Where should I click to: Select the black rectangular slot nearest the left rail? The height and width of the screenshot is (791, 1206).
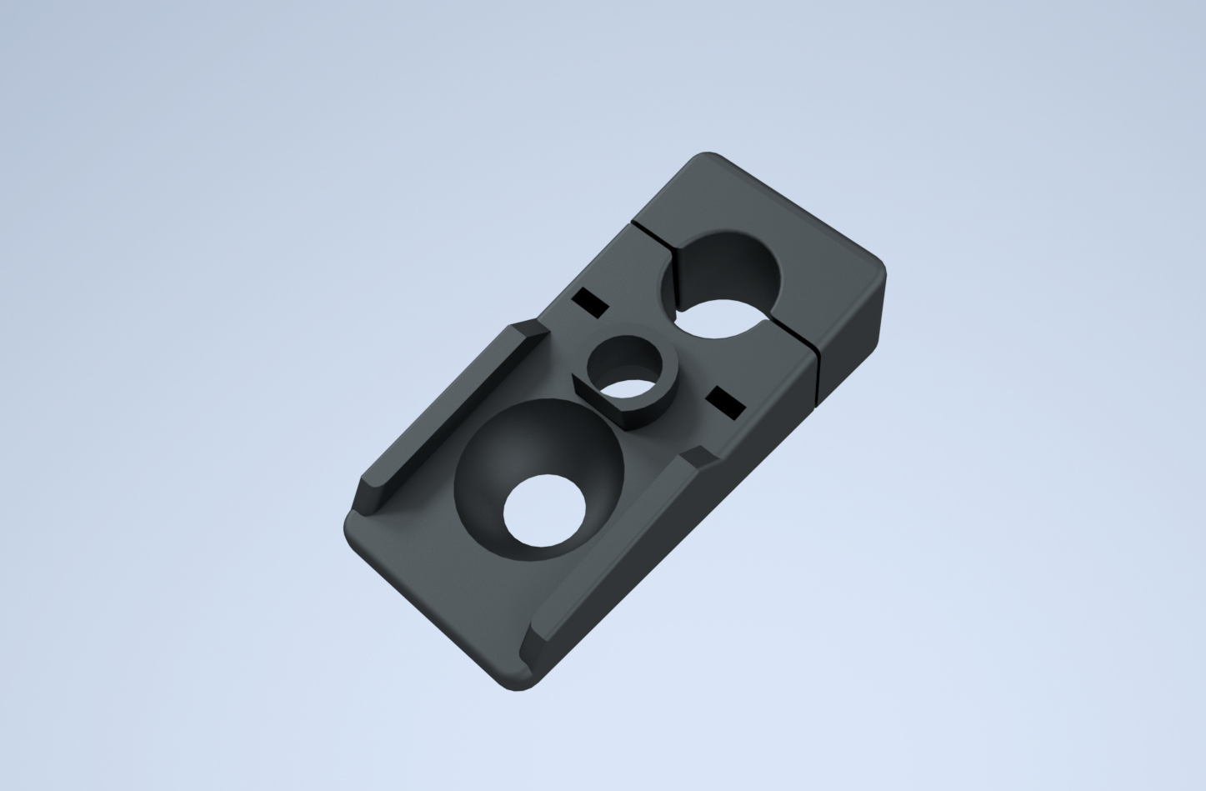590,303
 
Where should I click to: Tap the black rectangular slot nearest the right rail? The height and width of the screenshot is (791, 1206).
725,401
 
